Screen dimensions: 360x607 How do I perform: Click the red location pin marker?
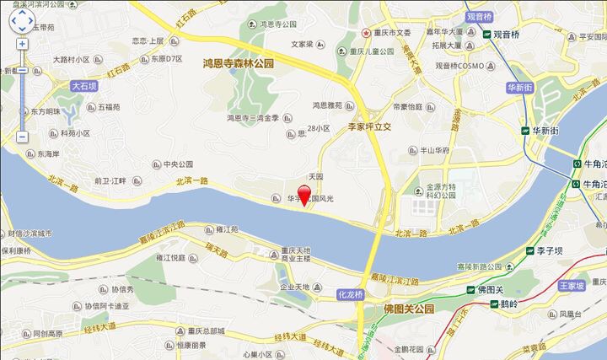click(x=304, y=194)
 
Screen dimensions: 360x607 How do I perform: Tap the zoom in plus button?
click(x=22, y=44)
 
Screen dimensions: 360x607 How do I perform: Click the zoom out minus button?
click(x=22, y=137)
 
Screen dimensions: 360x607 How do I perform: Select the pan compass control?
click(x=22, y=19)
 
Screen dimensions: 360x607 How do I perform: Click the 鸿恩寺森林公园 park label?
click(x=239, y=63)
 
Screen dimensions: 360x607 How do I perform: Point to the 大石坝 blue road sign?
click(x=84, y=86)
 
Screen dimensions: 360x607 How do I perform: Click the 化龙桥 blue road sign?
click(x=349, y=295)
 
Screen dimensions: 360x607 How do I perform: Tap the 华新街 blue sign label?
click(x=520, y=87)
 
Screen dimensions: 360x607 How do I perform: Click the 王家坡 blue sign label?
click(x=571, y=287)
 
